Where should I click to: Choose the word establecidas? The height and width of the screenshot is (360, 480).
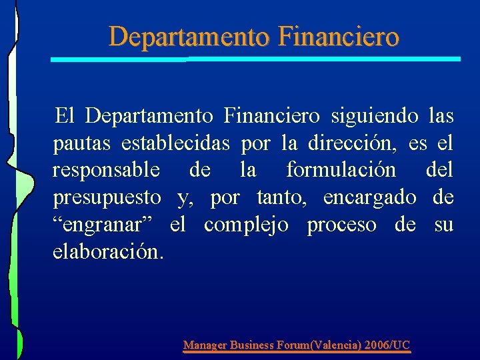click(x=175, y=143)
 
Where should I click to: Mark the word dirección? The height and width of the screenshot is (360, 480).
click(x=350, y=143)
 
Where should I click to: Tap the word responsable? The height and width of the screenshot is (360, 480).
click(x=106, y=170)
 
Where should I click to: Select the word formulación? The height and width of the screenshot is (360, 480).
click(x=341, y=170)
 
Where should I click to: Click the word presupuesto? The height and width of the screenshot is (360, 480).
click(x=107, y=198)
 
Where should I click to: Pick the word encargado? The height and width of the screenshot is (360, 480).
click(x=369, y=198)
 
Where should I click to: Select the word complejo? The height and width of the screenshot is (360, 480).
click(x=246, y=225)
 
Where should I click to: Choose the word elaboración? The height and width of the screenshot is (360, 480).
click(x=107, y=252)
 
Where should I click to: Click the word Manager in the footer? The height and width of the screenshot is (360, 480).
click(x=205, y=345)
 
